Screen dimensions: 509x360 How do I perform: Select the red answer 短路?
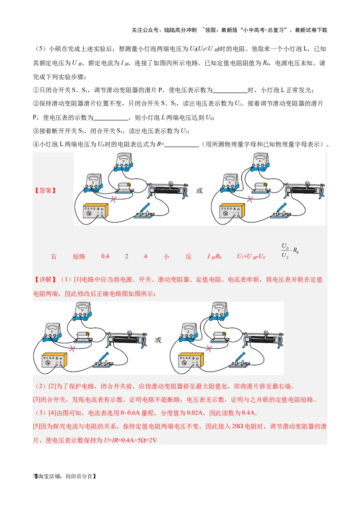pyautogui.click(x=79, y=257)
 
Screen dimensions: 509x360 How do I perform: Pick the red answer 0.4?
pyautogui.click(x=105, y=257)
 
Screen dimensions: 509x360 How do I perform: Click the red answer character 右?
pyautogui.click(x=54, y=257)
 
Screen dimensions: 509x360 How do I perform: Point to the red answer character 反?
pyautogui.click(x=189, y=257)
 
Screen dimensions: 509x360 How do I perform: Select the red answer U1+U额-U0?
pyautogui.click(x=251, y=257)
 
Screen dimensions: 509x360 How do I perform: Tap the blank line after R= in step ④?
pyautogui.click(x=182, y=145)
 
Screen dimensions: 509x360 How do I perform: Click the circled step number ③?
pyautogui.click(x=36, y=131)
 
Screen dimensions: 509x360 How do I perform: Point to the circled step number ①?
pyautogui.click(x=36, y=90)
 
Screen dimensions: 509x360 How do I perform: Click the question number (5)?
pyautogui.click(x=41, y=49)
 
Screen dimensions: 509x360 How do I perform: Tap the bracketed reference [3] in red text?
pyautogui.click(x=37, y=400)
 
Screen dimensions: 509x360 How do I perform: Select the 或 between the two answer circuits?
pyautogui.click(x=199, y=191)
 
